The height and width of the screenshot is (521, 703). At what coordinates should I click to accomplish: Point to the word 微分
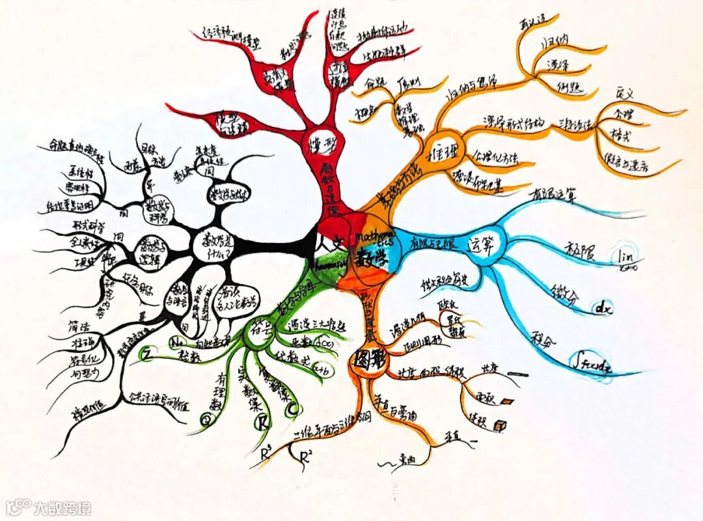click(x=563, y=293)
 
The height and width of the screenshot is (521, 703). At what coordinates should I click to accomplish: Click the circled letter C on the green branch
click(x=292, y=409)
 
